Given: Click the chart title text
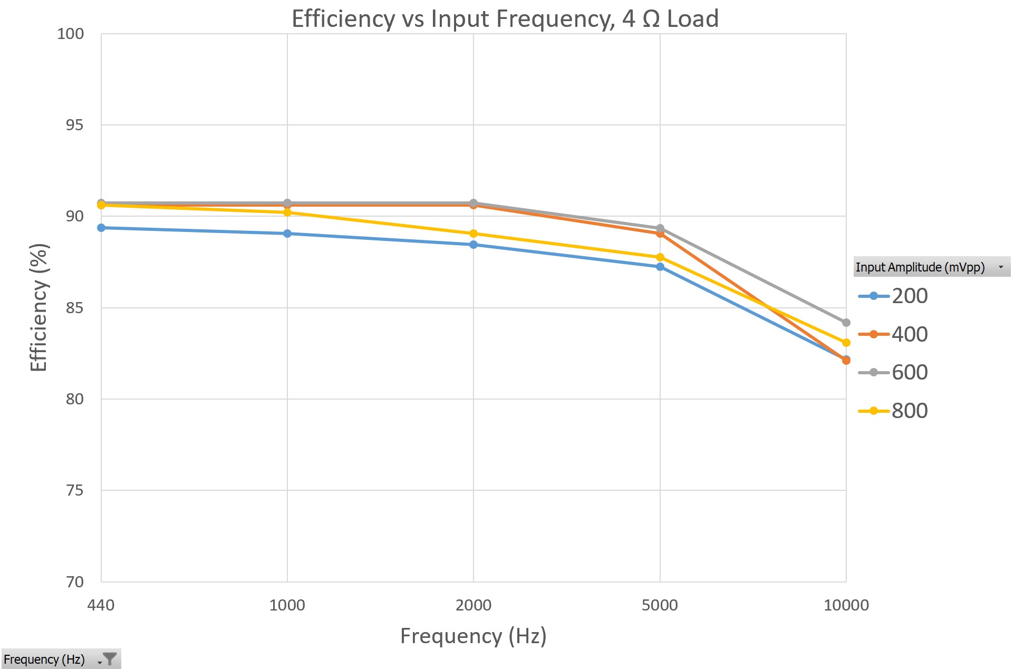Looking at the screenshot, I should (505, 19).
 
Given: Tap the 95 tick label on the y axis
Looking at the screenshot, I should (74, 125).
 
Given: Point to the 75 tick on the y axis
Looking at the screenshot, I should (74, 490).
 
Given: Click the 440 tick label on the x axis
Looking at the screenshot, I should (101, 605).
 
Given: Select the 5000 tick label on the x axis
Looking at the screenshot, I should (660, 605).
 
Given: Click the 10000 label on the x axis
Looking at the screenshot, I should (846, 605).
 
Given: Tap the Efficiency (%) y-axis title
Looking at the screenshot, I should (39, 307).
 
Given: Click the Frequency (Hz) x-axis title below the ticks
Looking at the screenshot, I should (473, 636).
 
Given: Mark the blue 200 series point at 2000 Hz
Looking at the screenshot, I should (474, 245).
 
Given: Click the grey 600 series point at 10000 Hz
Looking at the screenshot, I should (846, 322).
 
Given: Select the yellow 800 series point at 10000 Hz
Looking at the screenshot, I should (846, 343).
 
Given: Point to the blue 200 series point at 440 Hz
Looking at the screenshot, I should (101, 228).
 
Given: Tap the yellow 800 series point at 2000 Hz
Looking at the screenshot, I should (474, 234).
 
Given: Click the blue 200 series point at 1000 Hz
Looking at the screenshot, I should (287, 234).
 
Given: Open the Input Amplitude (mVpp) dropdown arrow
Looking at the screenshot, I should (1000, 267).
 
